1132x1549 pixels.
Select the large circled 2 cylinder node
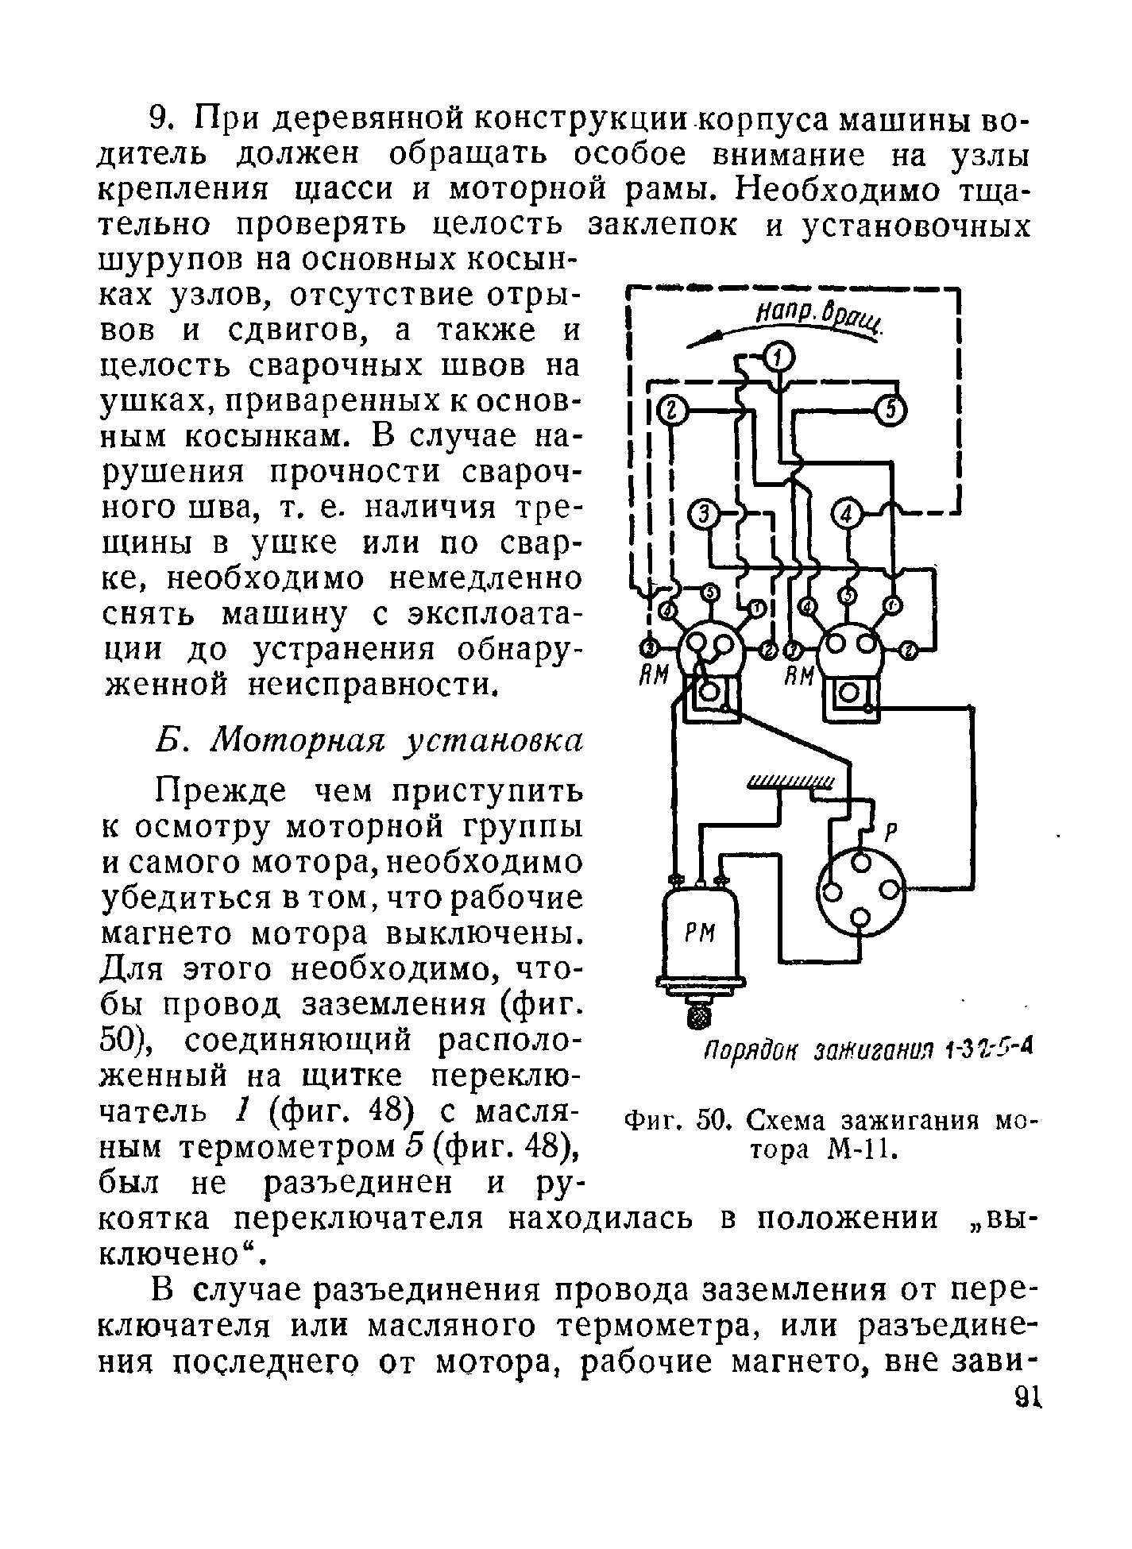coord(671,411)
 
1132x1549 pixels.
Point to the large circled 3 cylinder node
coord(702,516)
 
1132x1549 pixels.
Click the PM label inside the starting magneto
coord(701,935)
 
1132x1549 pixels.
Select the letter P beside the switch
coord(891,832)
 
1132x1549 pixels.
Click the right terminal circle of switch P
coord(894,890)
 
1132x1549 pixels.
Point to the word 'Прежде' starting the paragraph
coord(227,791)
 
